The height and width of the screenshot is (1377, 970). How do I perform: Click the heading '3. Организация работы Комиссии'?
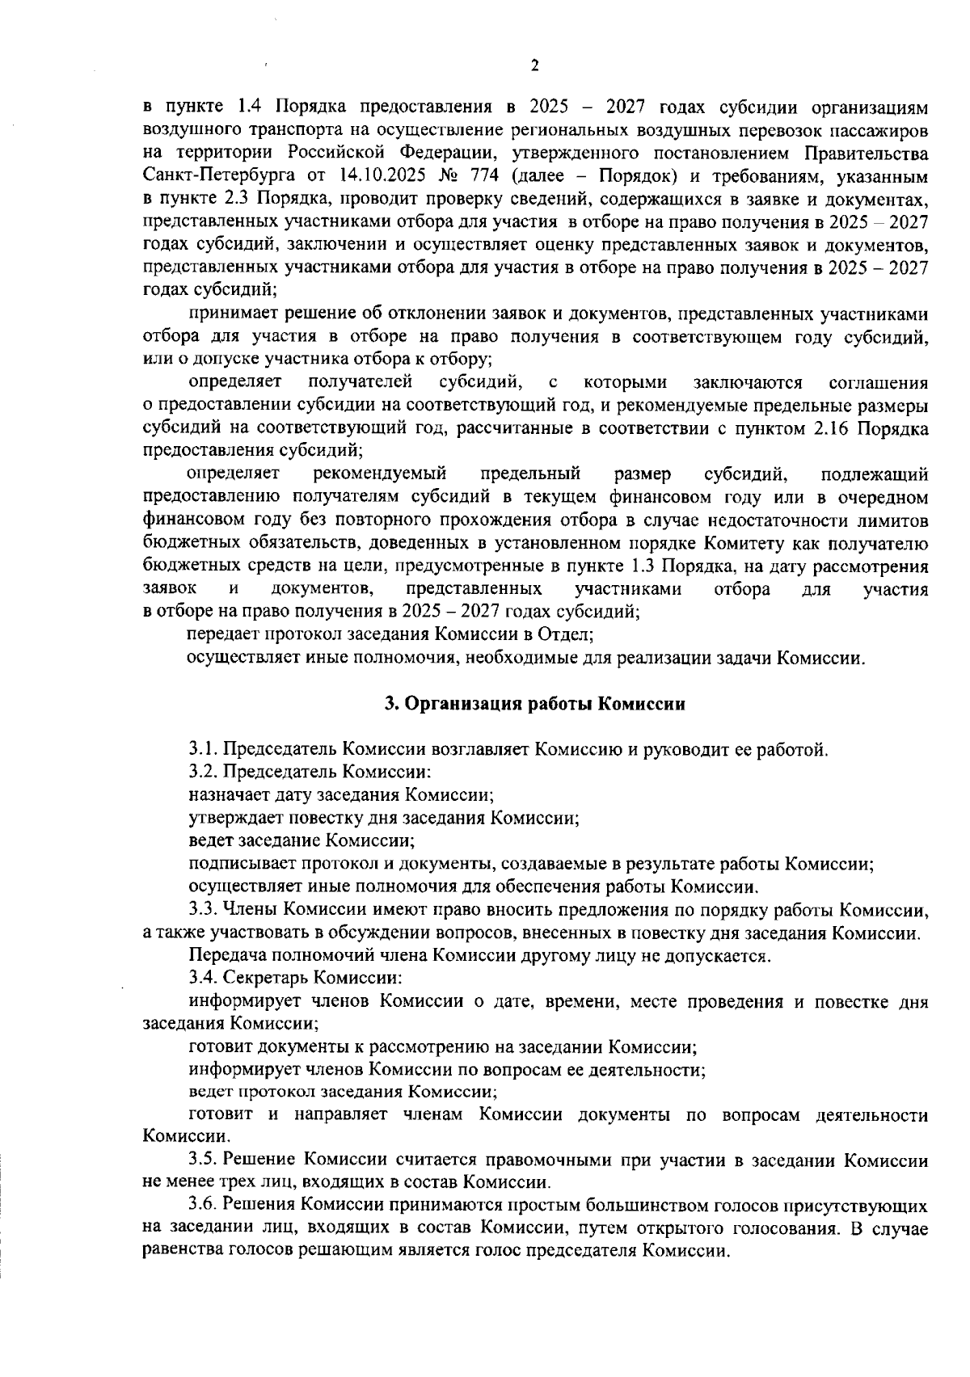click(x=534, y=704)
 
